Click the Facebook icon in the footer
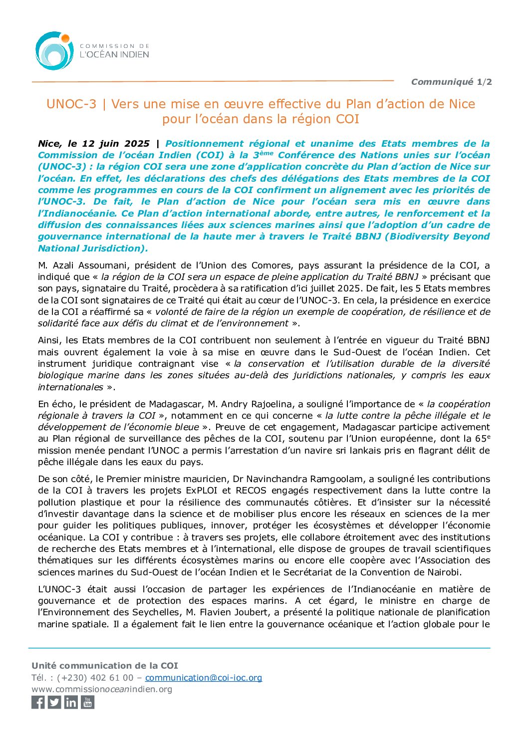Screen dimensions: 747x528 (x=38, y=702)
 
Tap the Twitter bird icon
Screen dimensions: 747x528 (x=54, y=702)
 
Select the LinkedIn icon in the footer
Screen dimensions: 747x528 (x=71, y=702)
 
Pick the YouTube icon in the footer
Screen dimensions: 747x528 (x=88, y=702)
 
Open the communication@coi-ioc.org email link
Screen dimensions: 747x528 (x=204, y=678)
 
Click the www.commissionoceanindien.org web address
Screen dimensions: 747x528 (x=102, y=689)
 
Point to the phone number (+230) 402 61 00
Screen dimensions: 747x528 (x=95, y=678)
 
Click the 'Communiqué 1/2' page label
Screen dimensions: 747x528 (x=451, y=82)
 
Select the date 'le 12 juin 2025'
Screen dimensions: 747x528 (x=108, y=144)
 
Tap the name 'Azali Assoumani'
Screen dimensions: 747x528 (x=83, y=265)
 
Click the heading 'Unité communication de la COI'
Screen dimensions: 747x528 (x=105, y=666)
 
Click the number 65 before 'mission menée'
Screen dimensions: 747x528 (x=481, y=439)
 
